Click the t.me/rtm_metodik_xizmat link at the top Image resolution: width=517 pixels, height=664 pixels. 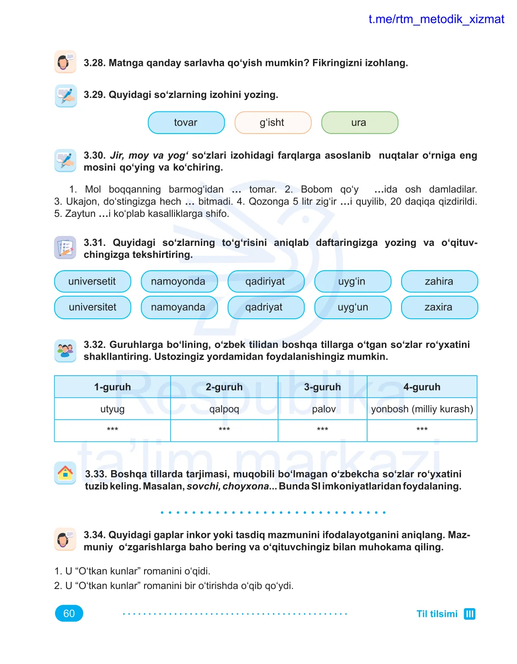pos(436,19)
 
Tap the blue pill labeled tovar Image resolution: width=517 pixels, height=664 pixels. pos(186,123)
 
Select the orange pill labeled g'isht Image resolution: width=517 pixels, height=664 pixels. pos(273,123)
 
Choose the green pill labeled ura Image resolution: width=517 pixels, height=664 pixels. pos(359,123)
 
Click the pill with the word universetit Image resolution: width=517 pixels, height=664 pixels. pos(92,281)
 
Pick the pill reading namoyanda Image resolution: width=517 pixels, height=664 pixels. pos(178,307)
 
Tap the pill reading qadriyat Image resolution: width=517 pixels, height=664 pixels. pos(265,307)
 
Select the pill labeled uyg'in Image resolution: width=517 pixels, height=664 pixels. pos(352,281)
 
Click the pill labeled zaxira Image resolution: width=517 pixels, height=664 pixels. pos(439,307)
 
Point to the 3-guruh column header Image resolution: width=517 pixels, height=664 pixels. pos(322,387)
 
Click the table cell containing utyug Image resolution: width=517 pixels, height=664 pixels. pos(112,409)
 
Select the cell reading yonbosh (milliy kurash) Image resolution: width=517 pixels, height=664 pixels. pos(422,409)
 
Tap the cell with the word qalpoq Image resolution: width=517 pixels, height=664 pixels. pos(224,409)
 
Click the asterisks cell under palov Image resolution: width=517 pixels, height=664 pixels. pos(322,430)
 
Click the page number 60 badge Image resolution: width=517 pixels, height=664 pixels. pos(69,613)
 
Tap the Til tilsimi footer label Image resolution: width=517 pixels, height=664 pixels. pos(437,614)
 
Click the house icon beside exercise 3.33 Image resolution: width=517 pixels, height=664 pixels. pos(65,473)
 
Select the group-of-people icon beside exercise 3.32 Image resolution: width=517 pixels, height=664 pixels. pos(65,350)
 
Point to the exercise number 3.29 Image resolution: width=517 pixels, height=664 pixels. pos(95,95)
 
